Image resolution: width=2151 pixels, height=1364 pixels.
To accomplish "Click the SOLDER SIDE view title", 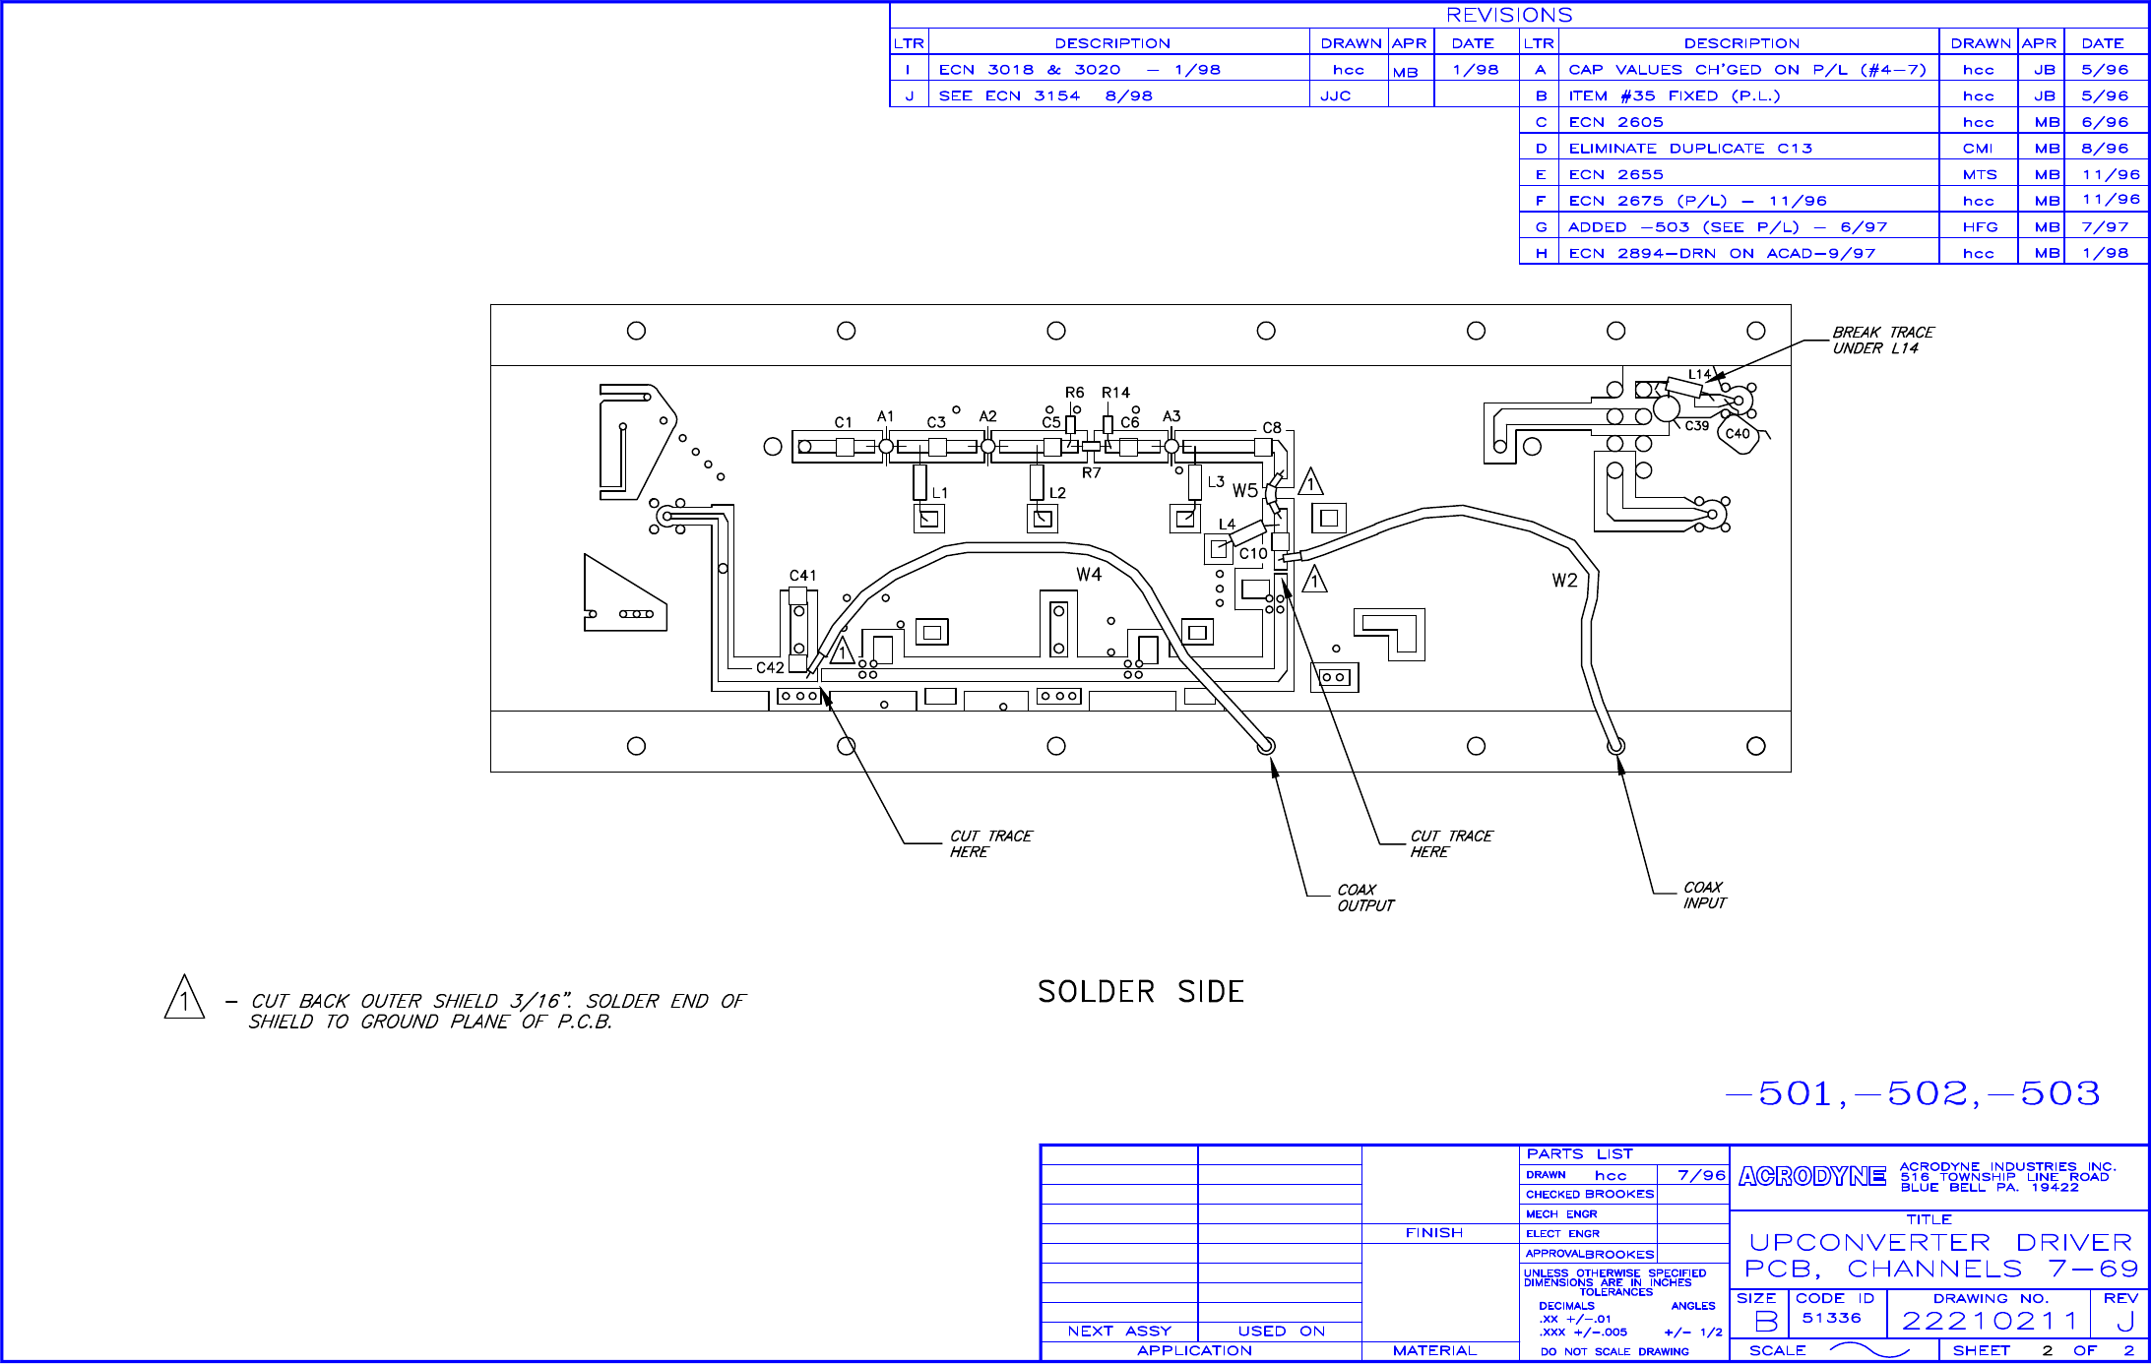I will [1140, 991].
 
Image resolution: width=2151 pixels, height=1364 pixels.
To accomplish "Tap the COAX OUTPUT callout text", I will [1365, 898].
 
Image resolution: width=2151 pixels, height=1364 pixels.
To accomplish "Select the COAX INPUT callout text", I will [1704, 896].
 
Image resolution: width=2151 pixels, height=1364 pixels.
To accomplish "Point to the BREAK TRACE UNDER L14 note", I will [1882, 341].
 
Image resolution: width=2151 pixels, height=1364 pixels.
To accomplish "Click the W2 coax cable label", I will [1564, 581].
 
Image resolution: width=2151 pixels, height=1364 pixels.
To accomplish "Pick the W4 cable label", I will [1088, 575].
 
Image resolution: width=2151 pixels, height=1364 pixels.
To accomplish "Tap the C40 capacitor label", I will [1738, 434].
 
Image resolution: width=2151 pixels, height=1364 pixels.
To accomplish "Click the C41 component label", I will [802, 576].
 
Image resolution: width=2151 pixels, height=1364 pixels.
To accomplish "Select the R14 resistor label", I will [1115, 393].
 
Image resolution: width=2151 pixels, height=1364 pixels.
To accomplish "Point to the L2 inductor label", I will [1057, 493].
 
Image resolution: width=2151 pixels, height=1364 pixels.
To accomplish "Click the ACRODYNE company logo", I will [1811, 1177].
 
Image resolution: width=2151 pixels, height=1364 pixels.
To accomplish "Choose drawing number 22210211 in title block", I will [1989, 1322].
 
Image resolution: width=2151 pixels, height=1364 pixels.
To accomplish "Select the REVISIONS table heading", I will [1509, 15].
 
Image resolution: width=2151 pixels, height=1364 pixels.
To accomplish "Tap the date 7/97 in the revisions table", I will [2105, 227].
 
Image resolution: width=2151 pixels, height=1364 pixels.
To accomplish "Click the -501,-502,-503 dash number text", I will [1914, 1093].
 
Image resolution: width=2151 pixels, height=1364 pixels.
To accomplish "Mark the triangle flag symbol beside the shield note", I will [184, 998].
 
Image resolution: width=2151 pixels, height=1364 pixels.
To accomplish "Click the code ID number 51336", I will [1831, 1319].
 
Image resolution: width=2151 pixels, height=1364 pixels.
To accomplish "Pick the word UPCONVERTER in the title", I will [1869, 1243].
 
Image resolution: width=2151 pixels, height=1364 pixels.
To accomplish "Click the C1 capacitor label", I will [843, 422].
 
